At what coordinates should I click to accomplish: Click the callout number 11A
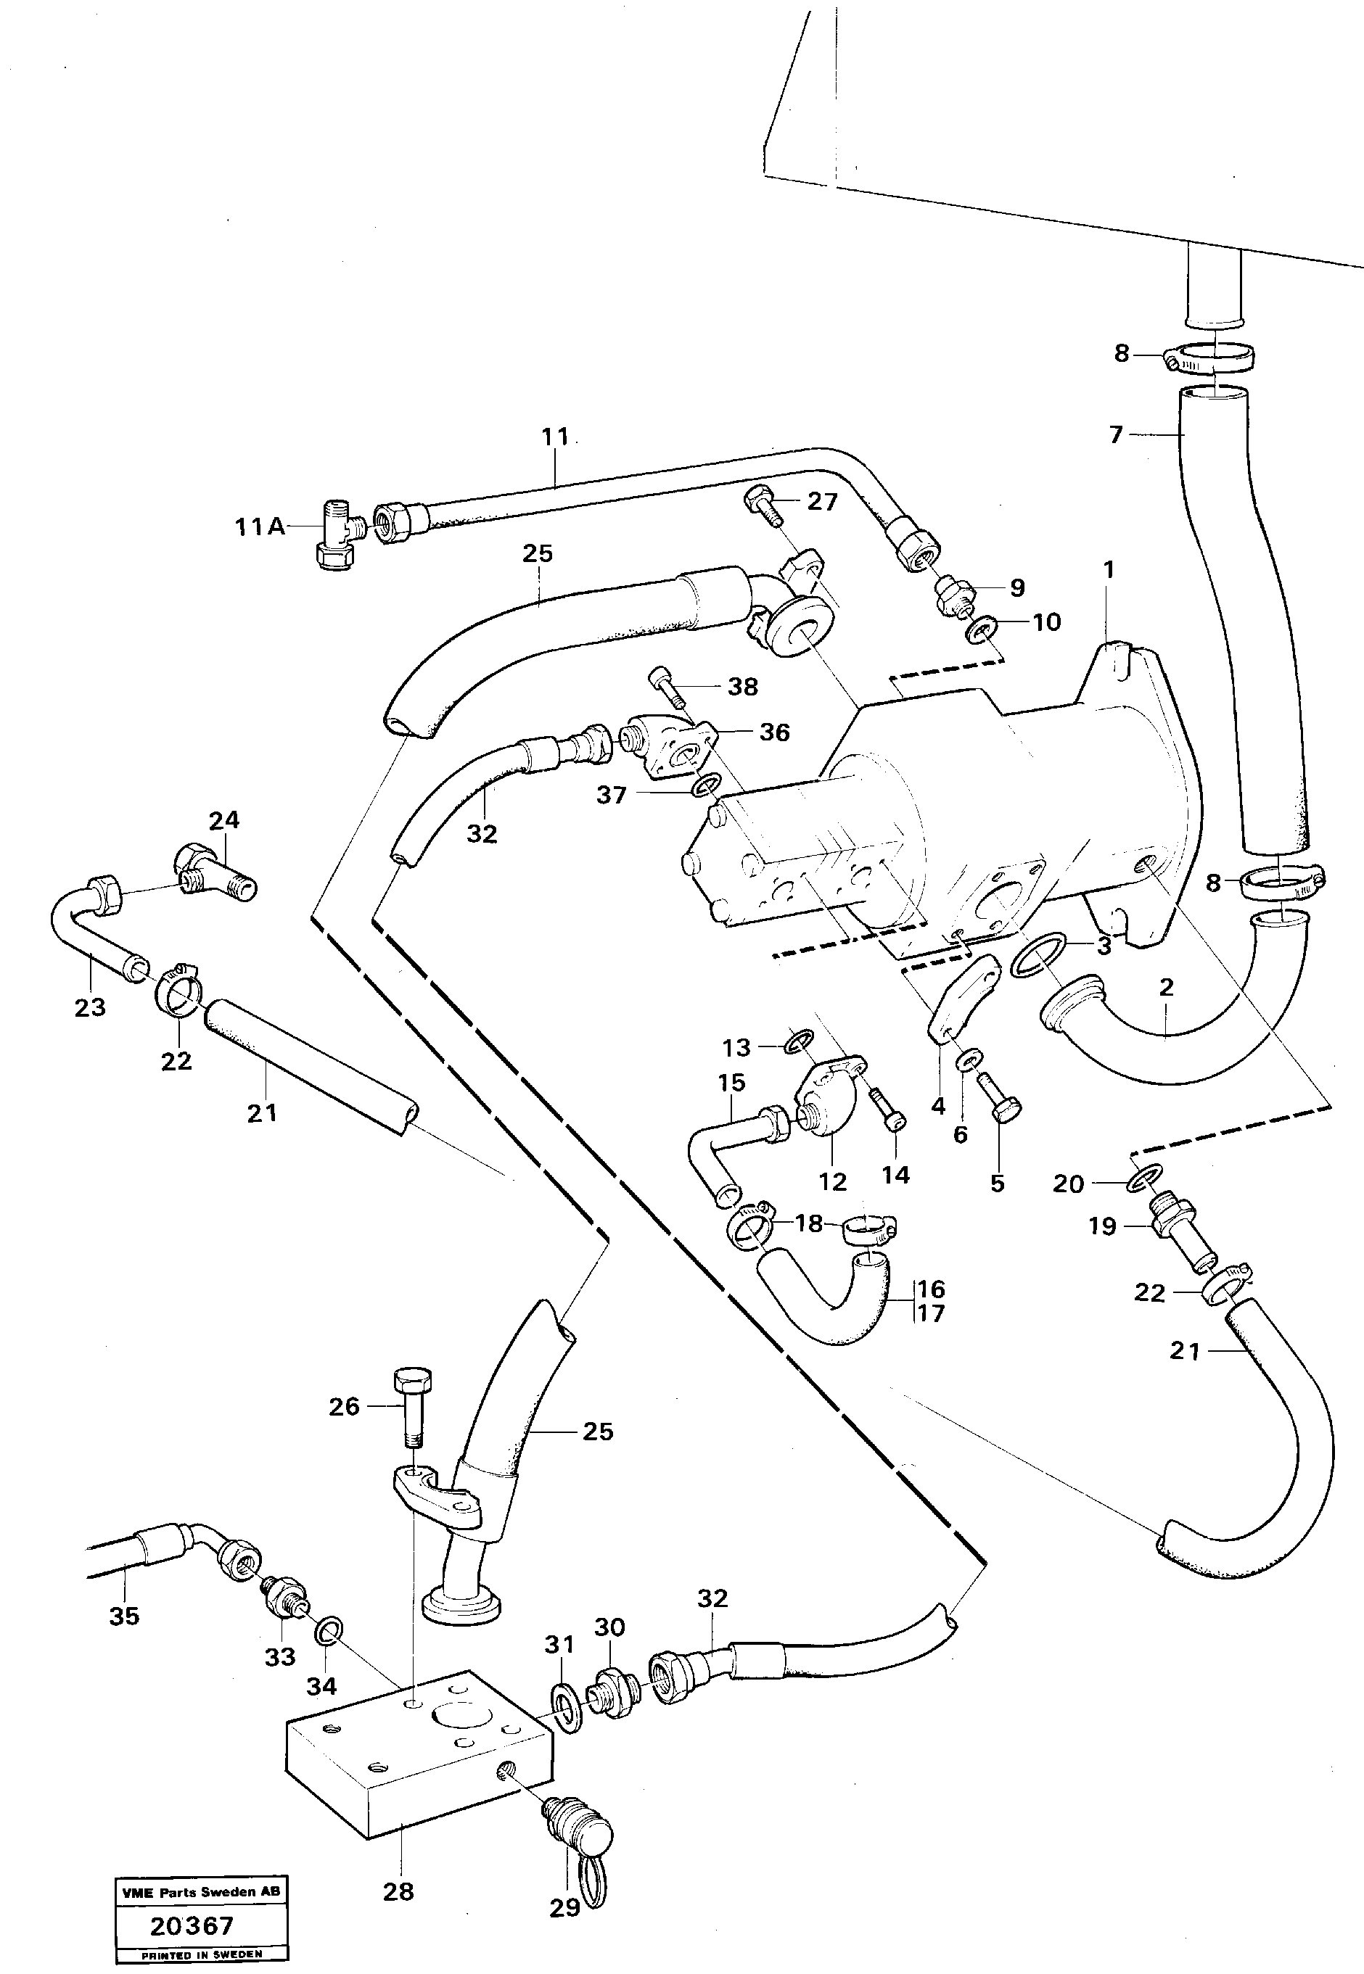(260, 528)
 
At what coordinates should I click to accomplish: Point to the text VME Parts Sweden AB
(201, 1892)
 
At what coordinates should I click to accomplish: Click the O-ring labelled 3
(1038, 954)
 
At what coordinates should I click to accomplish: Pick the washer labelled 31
(566, 1709)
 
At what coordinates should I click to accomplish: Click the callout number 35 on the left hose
(124, 1616)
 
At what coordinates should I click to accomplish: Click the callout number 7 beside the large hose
(1115, 435)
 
